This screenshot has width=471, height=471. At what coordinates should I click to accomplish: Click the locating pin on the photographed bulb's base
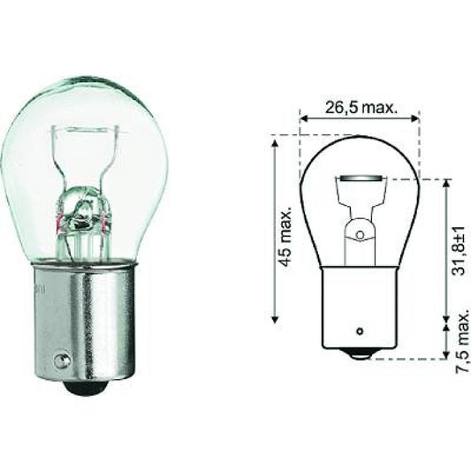(x=61, y=361)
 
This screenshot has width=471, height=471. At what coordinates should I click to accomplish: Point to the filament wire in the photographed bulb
(x=85, y=212)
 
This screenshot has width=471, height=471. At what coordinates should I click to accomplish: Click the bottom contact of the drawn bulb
(x=360, y=354)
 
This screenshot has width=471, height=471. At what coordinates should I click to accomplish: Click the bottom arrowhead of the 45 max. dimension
(x=276, y=318)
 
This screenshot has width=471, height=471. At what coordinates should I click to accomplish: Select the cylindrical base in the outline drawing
(x=360, y=309)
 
